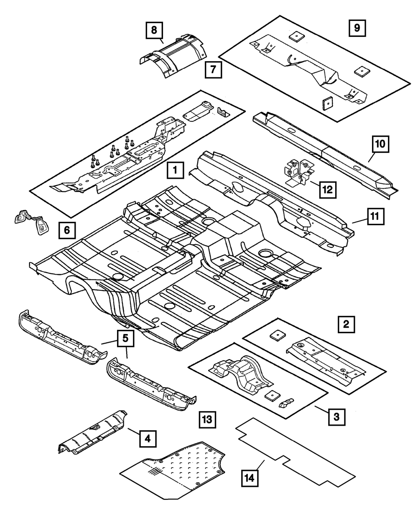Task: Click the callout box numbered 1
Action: [175, 170]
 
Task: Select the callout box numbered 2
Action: [346, 324]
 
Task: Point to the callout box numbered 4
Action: [148, 439]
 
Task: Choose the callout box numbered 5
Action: [125, 338]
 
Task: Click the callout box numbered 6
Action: [67, 230]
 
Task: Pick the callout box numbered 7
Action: [213, 70]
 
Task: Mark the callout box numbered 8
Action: [154, 31]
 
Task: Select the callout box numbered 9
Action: [357, 28]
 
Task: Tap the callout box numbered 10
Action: [380, 144]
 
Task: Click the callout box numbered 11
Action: [376, 216]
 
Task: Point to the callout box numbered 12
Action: [328, 190]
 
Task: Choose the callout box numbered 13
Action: [207, 420]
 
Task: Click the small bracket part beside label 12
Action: [299, 172]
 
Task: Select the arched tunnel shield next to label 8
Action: [173, 56]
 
